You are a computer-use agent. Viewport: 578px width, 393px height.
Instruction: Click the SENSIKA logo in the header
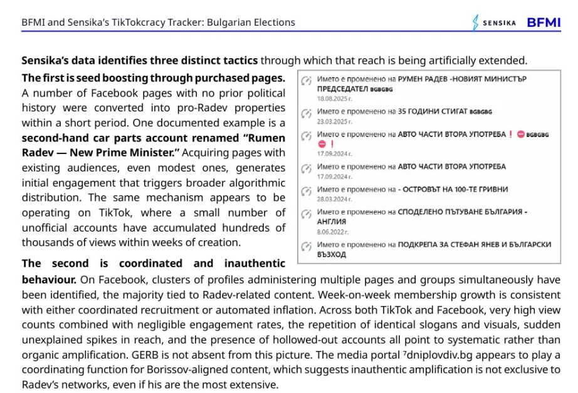[494, 23]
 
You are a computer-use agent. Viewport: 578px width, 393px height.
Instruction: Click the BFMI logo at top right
[544, 23]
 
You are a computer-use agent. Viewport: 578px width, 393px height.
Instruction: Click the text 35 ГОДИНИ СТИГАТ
[433, 111]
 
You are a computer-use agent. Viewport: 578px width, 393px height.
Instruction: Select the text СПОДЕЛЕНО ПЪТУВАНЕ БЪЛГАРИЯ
[461, 212]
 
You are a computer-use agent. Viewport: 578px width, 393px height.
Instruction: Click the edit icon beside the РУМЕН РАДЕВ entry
[306, 81]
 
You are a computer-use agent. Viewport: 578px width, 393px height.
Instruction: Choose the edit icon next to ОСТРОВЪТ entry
[306, 190]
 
